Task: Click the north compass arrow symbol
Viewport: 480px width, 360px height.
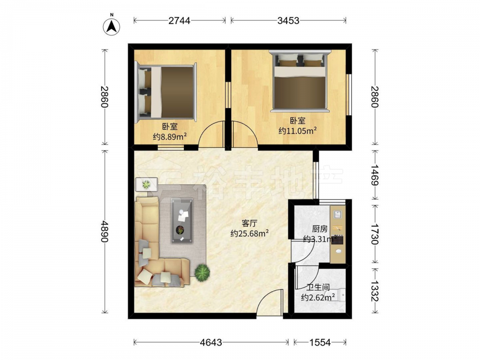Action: [111, 26]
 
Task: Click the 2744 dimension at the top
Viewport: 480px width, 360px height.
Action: [180, 21]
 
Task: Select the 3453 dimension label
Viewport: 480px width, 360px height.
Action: [288, 21]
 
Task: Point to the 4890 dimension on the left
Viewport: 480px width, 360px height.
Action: [105, 231]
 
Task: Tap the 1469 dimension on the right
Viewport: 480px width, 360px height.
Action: [375, 175]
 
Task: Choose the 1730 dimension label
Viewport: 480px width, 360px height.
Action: [375, 234]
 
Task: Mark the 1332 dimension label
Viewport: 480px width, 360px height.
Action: [375, 290]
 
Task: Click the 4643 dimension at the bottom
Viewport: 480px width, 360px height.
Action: [211, 342]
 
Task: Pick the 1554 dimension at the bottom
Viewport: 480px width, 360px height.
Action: [320, 342]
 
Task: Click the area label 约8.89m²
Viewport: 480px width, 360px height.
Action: [170, 136]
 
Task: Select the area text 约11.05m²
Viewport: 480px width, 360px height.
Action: [298, 131]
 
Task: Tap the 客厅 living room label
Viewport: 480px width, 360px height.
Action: [250, 223]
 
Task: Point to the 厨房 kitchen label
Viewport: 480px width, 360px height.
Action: [320, 228]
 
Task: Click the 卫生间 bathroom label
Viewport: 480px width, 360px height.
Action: [318, 287]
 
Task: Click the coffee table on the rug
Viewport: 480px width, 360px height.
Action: [182, 221]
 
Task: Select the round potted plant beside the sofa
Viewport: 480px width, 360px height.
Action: [203, 272]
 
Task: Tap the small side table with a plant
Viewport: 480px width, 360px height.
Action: [146, 184]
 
